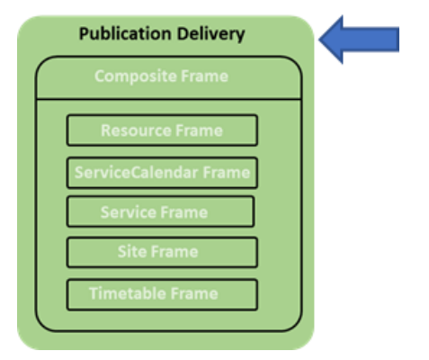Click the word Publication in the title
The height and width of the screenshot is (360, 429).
point(126,33)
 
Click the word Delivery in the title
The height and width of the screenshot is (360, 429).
point(211,33)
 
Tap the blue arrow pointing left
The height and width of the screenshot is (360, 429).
point(359,40)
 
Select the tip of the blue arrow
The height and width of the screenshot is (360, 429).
point(318,40)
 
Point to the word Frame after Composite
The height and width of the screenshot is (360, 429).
point(205,76)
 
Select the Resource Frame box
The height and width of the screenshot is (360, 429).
point(162,130)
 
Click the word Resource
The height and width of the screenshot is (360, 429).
point(136,130)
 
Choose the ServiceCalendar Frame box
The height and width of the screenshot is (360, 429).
point(162,173)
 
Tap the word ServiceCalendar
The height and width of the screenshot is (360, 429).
point(137,173)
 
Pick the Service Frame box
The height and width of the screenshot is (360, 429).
point(160,211)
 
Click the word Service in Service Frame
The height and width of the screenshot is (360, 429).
point(127,212)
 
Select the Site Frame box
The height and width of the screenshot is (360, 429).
point(162,252)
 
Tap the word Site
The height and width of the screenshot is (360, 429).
point(132,251)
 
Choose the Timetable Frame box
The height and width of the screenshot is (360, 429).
point(162,294)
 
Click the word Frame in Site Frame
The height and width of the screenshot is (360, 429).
point(174,251)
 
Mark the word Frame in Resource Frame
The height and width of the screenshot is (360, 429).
point(199,130)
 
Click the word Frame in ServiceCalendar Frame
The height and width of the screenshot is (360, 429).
point(227,173)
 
